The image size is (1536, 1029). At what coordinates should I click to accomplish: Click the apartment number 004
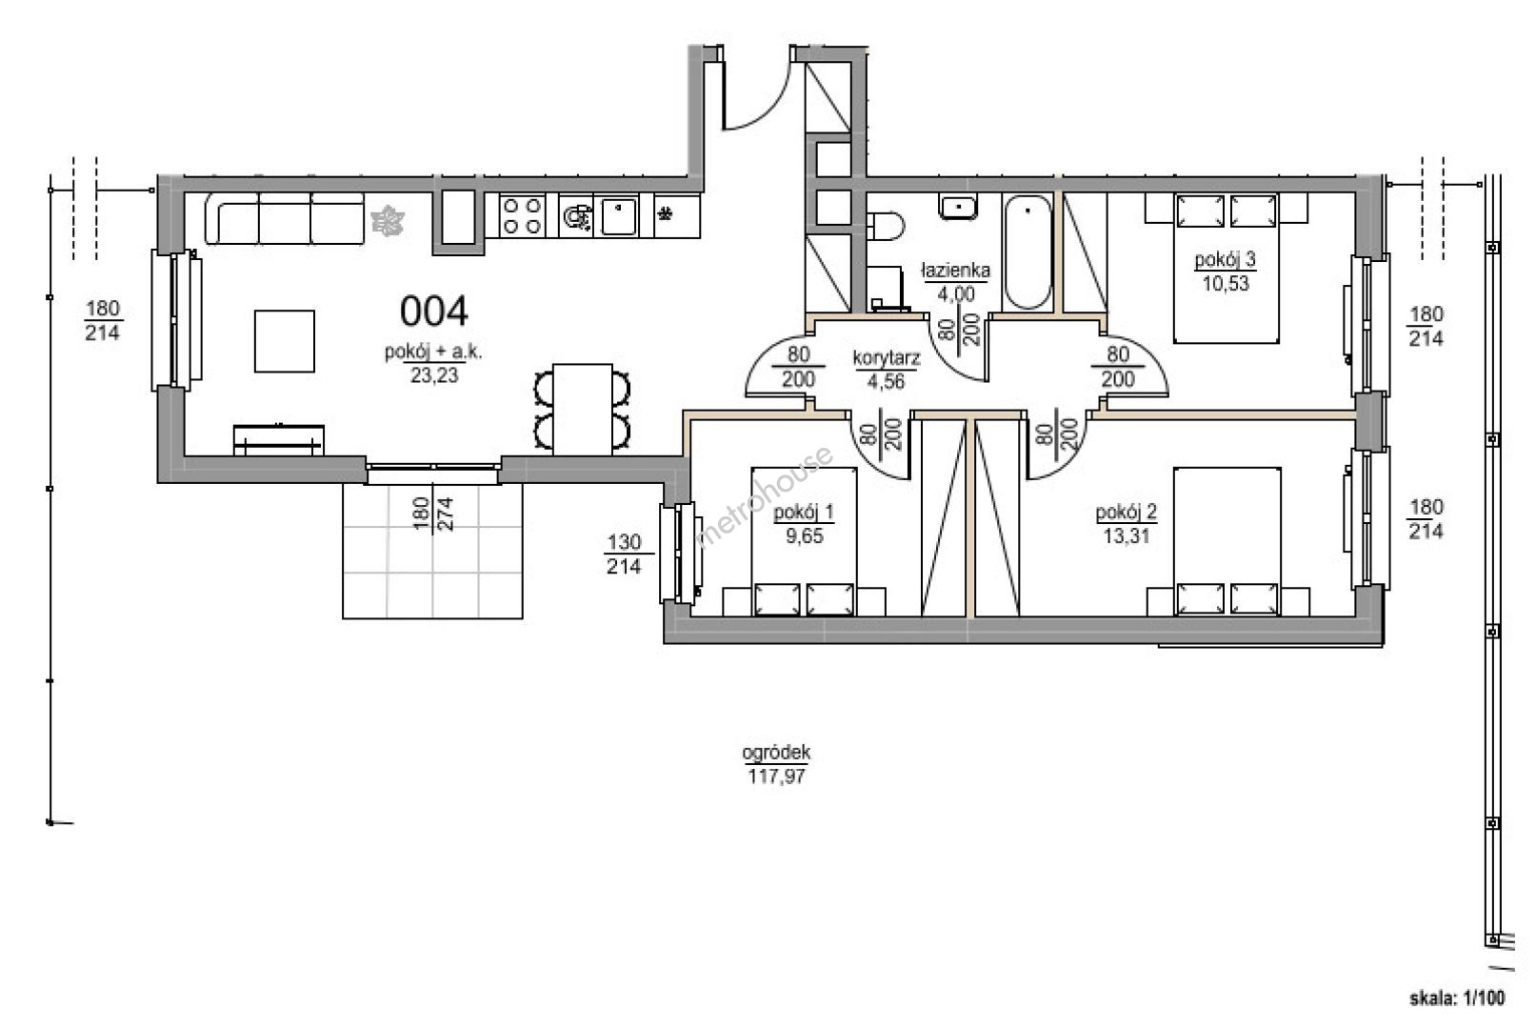[433, 312]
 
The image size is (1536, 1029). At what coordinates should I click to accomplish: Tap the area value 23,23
[434, 375]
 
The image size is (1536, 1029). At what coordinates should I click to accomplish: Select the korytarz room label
[886, 358]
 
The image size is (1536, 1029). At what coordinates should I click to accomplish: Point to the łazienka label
[956, 271]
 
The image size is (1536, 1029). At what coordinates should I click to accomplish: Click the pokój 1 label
[804, 513]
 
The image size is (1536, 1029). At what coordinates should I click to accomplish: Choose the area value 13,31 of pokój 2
[1127, 535]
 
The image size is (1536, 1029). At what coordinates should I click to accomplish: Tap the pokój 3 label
[1225, 260]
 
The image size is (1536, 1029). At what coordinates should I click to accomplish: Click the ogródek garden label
[776, 753]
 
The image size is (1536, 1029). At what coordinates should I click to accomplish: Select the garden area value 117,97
[776, 777]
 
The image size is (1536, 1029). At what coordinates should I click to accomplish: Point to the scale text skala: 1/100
[1456, 999]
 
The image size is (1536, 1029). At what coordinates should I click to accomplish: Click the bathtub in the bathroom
[1027, 252]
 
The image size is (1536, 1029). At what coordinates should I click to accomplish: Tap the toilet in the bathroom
[886, 226]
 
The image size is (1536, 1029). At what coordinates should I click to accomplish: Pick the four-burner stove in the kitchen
[522, 215]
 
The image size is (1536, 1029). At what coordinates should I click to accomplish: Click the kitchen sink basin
[619, 216]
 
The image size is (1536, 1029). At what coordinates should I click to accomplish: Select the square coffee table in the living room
[285, 341]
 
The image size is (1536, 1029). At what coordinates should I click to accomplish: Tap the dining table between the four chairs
[582, 410]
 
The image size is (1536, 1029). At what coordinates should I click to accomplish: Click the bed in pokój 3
[1227, 268]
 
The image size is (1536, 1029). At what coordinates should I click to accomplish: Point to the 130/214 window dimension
[624, 555]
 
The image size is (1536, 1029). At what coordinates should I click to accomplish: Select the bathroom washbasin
[959, 207]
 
